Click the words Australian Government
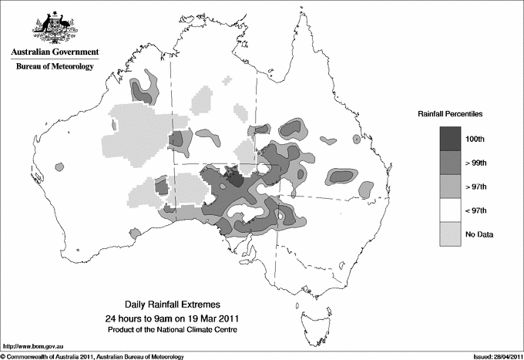54,52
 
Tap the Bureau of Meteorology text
54,67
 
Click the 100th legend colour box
450,139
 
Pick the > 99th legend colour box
450,163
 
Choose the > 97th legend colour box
450,186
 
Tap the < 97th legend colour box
450,210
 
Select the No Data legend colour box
450,234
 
